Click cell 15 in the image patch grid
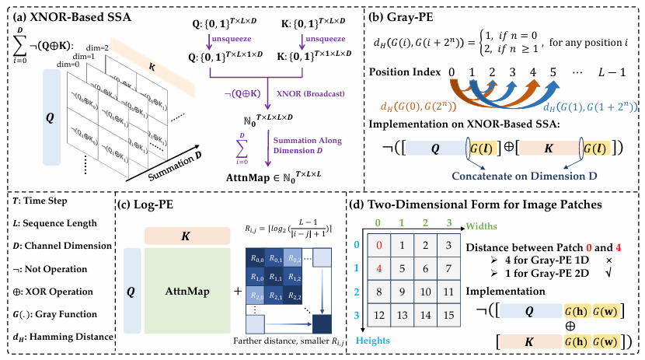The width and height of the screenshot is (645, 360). (448, 317)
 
